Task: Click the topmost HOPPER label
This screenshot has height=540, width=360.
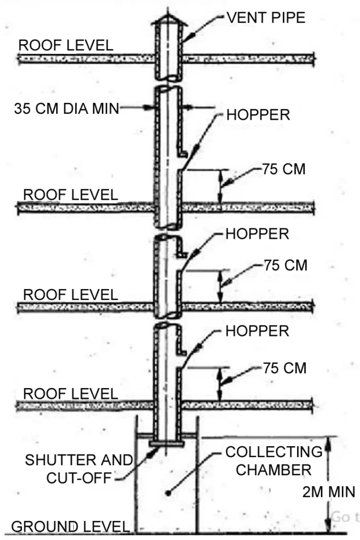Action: (x=258, y=114)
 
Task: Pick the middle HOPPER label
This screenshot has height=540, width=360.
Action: (x=257, y=234)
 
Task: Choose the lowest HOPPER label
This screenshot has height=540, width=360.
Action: (x=257, y=331)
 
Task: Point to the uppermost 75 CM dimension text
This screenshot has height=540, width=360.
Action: (x=284, y=169)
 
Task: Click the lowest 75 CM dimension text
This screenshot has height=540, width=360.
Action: (x=285, y=368)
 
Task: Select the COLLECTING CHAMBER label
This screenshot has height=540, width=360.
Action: (x=274, y=460)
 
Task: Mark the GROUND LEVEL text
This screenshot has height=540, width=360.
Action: (x=70, y=526)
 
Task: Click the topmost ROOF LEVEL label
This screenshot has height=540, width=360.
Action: (x=66, y=45)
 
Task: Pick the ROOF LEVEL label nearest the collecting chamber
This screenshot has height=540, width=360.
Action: (x=71, y=393)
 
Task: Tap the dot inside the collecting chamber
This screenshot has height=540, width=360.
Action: (x=168, y=494)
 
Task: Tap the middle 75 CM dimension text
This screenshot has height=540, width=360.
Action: (x=285, y=265)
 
